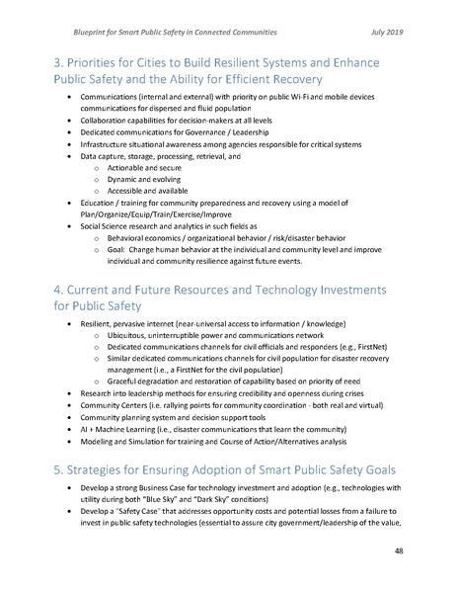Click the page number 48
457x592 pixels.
[423, 551]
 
